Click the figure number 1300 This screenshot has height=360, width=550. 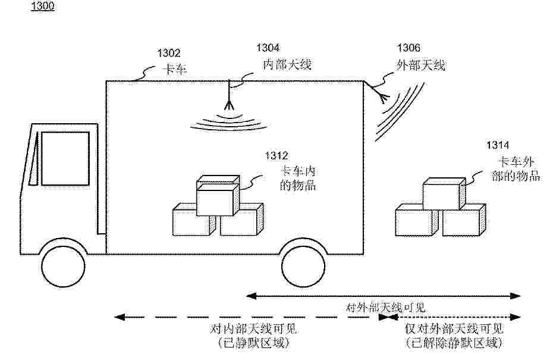(x=42, y=6)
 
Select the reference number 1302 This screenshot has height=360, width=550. (x=169, y=53)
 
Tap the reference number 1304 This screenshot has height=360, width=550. (x=268, y=48)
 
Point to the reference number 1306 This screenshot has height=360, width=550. (x=408, y=48)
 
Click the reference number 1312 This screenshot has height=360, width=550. (x=276, y=155)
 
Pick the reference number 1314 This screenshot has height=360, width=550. (x=498, y=145)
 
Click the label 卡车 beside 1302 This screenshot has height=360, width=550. (x=175, y=69)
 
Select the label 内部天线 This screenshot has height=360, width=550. (x=287, y=64)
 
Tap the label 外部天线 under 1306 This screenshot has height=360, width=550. (x=420, y=65)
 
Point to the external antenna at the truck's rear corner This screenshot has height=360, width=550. (x=379, y=92)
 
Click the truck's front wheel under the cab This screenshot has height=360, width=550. (x=63, y=266)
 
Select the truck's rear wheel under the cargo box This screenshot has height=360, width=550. (x=303, y=265)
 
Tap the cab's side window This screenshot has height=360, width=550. (x=65, y=158)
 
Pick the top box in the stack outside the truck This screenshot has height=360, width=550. (x=444, y=194)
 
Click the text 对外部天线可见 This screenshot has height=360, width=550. (x=386, y=308)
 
